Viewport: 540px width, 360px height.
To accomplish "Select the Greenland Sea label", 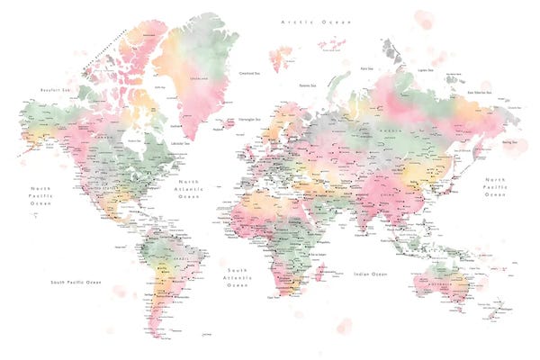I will coord(249,74).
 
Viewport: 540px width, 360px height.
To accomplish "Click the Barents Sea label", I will coord(309,85).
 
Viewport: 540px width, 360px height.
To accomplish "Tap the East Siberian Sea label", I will coord(477,92).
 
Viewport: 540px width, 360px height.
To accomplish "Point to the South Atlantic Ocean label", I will coord(237,278).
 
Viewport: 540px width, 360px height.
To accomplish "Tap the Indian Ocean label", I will coord(370,274).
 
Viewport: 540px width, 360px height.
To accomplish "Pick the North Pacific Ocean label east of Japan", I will coord(496,186).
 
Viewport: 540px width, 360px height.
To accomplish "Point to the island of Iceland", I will coord(218,128).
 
